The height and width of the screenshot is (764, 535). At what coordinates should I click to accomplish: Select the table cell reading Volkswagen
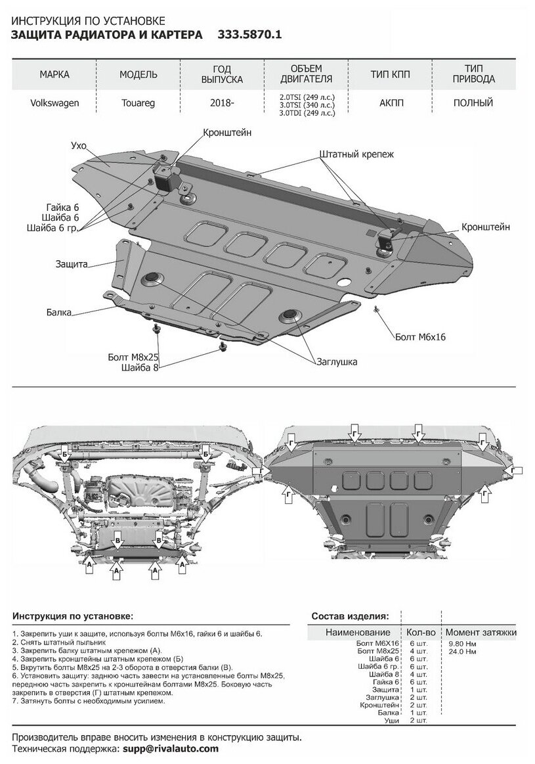point(54,103)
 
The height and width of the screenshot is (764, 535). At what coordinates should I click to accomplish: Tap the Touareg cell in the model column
point(138,103)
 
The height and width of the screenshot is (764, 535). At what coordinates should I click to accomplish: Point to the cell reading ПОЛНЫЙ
point(473,102)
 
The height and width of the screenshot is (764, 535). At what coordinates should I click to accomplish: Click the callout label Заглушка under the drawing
point(335,361)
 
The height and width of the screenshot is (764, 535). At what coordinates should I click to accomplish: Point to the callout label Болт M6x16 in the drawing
point(420,336)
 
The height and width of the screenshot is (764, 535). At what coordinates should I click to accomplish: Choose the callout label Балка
point(59,312)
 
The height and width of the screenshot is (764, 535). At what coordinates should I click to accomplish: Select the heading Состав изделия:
point(349,616)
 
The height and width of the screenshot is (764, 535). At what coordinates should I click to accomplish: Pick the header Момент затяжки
point(480,632)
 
